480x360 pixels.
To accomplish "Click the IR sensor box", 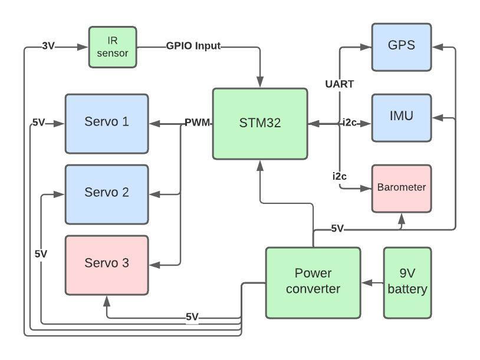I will point(113,47).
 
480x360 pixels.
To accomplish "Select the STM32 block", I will point(260,124).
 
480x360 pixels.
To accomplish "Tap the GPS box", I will point(401,45).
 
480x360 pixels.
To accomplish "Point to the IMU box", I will point(401,117).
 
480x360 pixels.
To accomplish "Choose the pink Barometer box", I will point(401,188).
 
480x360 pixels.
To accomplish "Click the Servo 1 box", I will point(107,123).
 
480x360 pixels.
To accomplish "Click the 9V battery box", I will point(407,282).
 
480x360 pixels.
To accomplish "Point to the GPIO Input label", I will point(193,46).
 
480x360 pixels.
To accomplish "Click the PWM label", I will point(197,123).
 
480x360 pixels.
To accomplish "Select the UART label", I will point(340,84).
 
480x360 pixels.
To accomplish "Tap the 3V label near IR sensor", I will point(48,46).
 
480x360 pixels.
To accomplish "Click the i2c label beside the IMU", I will point(350,123).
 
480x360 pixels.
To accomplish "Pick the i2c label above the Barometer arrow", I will point(339,176).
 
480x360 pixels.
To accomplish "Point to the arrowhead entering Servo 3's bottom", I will point(107,300).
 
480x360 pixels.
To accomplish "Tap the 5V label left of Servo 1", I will point(39,123).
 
